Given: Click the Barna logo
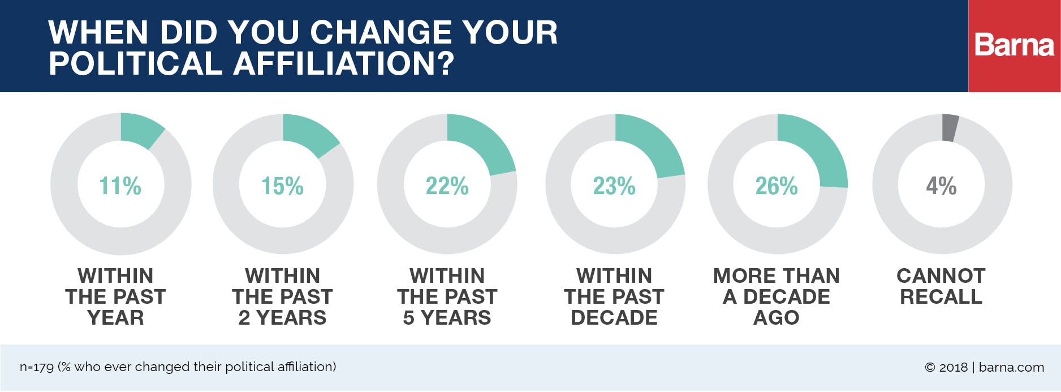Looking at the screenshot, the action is point(1014,45).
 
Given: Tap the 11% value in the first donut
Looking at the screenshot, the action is point(120,186).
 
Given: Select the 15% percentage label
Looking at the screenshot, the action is point(282,186).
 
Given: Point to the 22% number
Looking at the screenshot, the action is point(447,186).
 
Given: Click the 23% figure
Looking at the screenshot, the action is point(614,186).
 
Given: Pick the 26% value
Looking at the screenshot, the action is point(777,186).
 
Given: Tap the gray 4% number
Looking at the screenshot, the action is point(941,186).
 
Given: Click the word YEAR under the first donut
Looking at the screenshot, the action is point(115,318).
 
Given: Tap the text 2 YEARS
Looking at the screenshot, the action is point(282,318).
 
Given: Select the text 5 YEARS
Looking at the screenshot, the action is point(447,318).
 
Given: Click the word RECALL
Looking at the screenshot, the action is point(941,297).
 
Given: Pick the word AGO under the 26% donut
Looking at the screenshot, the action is point(777,318).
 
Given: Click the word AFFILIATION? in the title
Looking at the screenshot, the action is point(343,63).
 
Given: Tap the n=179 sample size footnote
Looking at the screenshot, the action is point(37,367).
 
